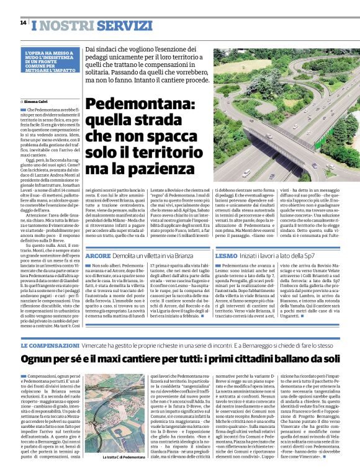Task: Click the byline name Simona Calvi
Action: [x=36, y=100]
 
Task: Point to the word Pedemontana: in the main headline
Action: [x=140, y=107]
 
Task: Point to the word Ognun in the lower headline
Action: [x=38, y=359]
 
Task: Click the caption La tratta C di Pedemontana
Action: [x=124, y=458]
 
